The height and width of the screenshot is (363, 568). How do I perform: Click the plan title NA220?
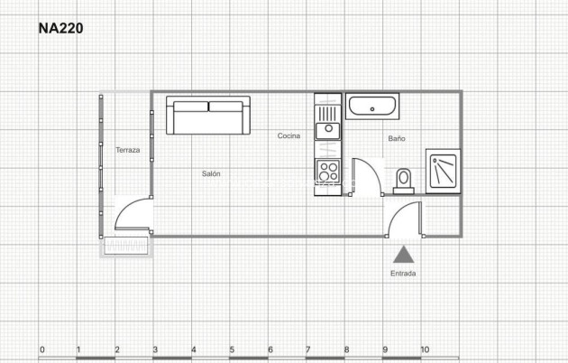(60, 28)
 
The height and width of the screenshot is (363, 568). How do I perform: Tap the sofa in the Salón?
(208, 117)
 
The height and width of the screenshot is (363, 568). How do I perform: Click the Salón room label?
(211, 173)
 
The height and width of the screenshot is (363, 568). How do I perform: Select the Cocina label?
(289, 135)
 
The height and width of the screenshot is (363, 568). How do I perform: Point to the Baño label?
(397, 139)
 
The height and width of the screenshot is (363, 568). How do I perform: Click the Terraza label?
(127, 150)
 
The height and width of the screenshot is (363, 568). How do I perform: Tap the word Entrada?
(403, 273)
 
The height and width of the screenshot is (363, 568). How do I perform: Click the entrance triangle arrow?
(403, 255)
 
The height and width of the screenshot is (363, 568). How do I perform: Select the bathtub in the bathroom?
(373, 107)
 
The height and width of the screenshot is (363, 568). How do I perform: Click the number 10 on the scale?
(424, 349)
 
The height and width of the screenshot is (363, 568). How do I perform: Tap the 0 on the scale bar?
(41, 349)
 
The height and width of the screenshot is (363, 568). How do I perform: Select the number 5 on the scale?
(232, 349)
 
